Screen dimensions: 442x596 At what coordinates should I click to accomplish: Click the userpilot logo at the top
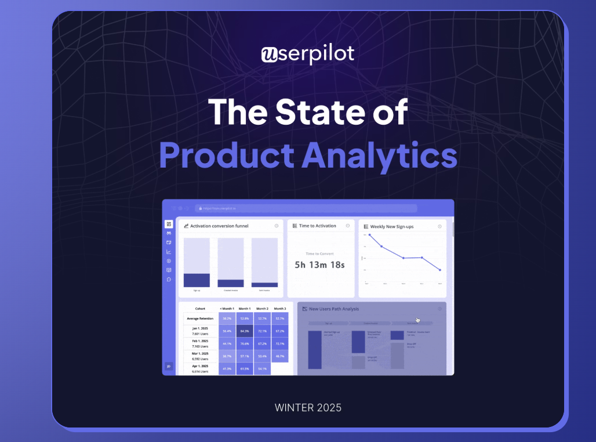pos(307,55)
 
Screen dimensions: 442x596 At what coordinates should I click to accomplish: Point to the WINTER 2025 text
pos(308,407)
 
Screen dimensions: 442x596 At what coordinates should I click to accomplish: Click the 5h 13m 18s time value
pos(319,265)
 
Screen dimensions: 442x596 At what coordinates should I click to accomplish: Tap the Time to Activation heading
pos(317,226)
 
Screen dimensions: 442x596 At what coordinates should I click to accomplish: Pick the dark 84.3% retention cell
pos(245,331)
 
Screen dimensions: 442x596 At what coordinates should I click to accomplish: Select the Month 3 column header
pos(280,309)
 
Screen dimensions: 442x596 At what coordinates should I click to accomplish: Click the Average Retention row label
pos(199,318)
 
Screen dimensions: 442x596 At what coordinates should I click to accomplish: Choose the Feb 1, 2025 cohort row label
pos(199,344)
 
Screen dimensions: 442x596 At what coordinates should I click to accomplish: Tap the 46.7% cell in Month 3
pos(280,356)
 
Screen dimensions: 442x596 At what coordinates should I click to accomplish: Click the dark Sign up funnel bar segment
pos(197,280)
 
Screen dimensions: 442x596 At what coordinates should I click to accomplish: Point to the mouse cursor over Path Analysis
pos(417,320)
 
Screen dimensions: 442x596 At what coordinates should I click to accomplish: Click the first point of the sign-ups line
pos(369,235)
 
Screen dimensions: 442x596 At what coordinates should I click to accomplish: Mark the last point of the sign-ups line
pos(440,270)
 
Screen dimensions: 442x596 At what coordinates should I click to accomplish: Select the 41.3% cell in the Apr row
pos(227,368)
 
